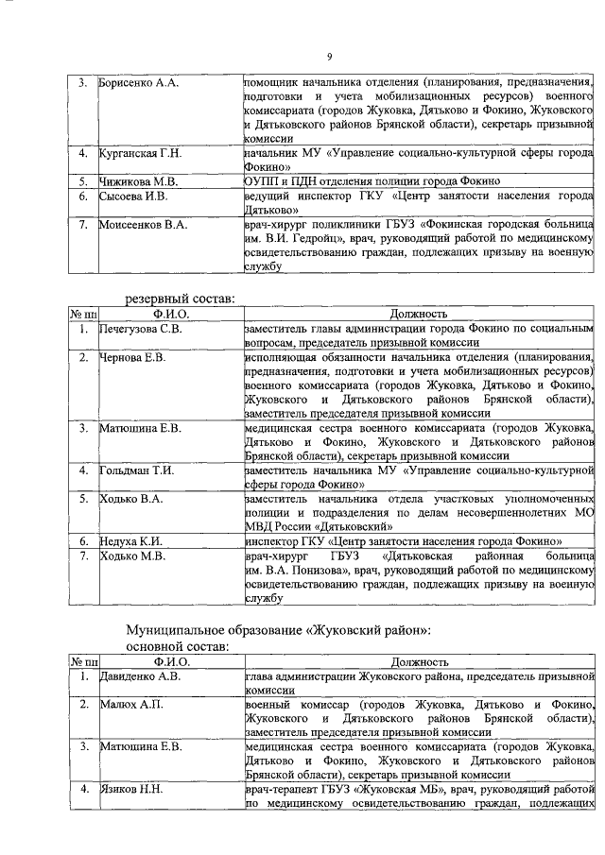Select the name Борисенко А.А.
point(140,83)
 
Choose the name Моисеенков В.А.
point(145,225)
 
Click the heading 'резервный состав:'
point(181,299)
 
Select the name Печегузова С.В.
point(143,329)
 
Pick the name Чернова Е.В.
point(133,357)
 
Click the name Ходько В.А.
point(132,498)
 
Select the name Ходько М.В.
point(133,556)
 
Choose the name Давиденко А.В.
point(140,676)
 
